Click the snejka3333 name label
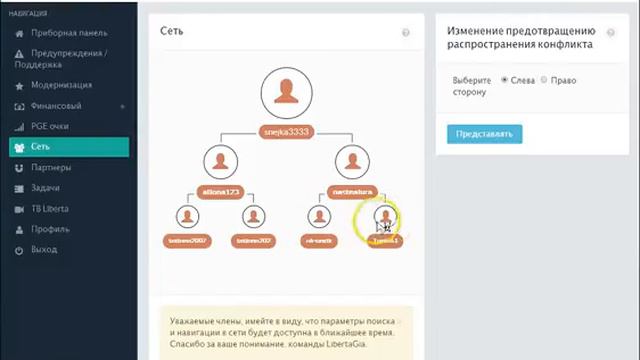point(286,131)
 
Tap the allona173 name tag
point(219,190)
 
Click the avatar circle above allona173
point(219,161)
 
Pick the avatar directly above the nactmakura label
point(353,161)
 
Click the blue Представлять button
point(484,133)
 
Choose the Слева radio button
point(505,80)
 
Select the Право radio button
point(544,80)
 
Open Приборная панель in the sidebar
point(68,33)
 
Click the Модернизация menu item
point(61,85)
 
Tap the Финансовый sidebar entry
point(56,106)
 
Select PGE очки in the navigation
point(49,127)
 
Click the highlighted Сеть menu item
point(40,147)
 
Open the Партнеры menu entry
point(50,168)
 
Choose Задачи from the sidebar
point(45,188)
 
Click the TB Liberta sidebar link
point(50,209)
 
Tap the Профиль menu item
point(50,229)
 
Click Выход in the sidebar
point(44,249)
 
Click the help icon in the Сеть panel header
point(406,33)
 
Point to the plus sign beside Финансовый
point(122,106)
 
